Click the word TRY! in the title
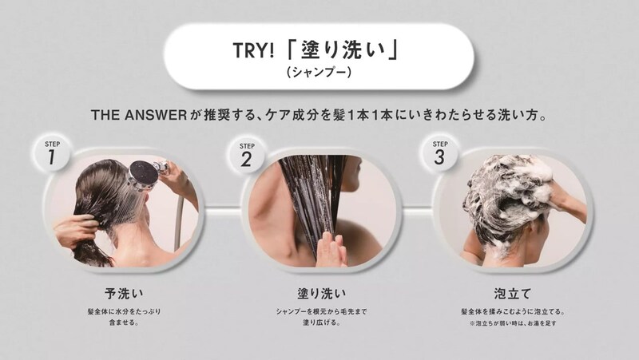click(253, 51)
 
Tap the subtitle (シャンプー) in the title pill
click(319, 72)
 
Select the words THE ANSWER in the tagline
click(139, 115)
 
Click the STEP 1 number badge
click(52, 153)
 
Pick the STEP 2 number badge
click(246, 155)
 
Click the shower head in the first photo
click(143, 176)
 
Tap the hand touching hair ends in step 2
click(331, 248)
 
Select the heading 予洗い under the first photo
click(124, 293)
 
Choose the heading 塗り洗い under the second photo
click(322, 293)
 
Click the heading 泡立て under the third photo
click(513, 293)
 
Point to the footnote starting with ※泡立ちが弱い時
click(513, 323)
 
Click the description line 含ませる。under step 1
click(124, 322)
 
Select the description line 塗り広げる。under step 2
click(322, 322)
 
